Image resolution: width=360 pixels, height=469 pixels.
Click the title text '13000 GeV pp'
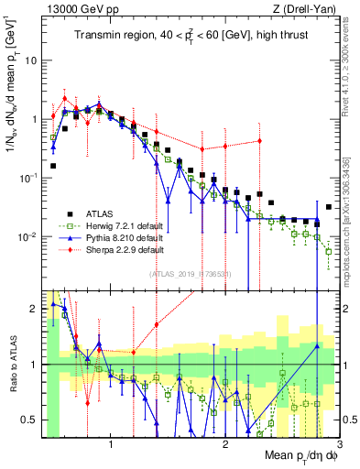[x=71, y=10]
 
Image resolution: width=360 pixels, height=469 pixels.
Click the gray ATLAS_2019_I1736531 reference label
[x=191, y=274]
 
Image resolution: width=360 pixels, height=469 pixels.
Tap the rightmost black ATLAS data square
[x=329, y=207]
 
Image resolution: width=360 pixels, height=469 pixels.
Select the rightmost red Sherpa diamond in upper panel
[x=260, y=140]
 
